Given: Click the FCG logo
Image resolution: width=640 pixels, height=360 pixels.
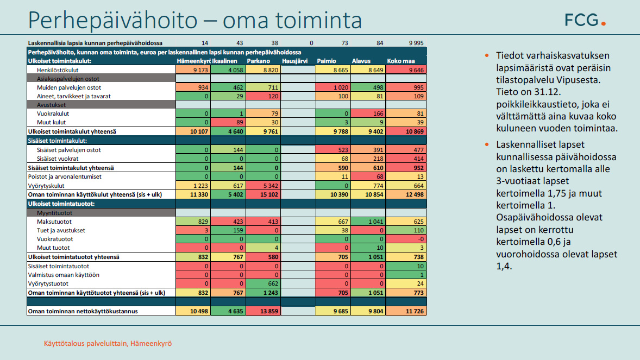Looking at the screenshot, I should click(585, 21).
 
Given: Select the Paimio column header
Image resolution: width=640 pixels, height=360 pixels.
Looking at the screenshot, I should click(327, 61).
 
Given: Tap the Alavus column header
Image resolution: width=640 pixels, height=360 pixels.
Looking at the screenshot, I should click(362, 61).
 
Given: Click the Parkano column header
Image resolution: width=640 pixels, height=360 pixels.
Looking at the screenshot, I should click(259, 61).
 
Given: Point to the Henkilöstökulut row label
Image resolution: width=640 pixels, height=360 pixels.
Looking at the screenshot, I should click(58, 70).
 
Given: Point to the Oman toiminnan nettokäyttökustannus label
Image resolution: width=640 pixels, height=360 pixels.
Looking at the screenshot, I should click(83, 311).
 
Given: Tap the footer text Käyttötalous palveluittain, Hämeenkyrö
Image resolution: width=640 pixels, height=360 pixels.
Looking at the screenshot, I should click(108, 344).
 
